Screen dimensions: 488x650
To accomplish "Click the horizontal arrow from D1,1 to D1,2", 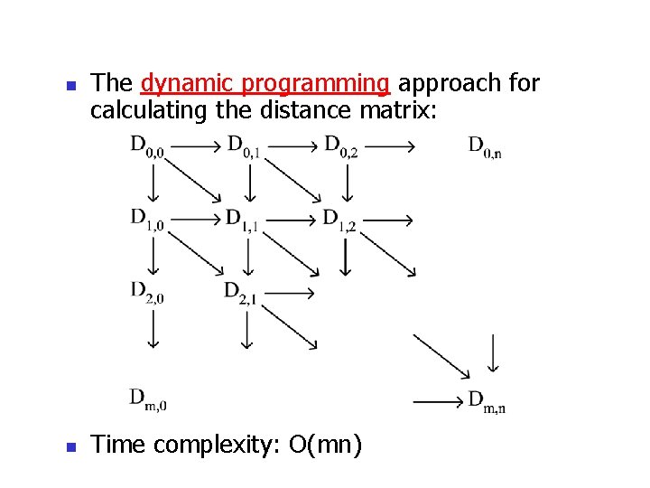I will [291, 218].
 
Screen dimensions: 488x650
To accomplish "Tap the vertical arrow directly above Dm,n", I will [491, 352].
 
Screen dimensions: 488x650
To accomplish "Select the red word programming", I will [312, 84].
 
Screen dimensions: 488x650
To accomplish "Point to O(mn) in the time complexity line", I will [325, 445].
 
